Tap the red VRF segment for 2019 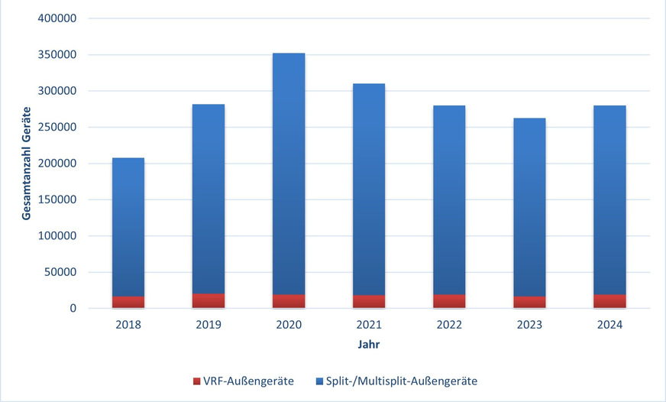click(209, 301)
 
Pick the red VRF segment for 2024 click(609, 302)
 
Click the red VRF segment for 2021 click(369, 302)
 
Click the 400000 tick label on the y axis click(56, 18)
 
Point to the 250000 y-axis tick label click(56, 127)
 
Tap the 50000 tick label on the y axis click(59, 272)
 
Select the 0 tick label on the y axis click(73, 309)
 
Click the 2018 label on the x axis click(128, 325)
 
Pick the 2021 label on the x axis click(369, 325)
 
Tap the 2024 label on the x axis click(609, 325)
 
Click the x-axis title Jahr click(369, 345)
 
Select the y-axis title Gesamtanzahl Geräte click(26, 163)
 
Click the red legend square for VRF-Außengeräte click(197, 381)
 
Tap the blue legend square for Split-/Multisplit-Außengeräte click(318, 381)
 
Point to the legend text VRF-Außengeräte click(248, 381)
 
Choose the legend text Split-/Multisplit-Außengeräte click(401, 381)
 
